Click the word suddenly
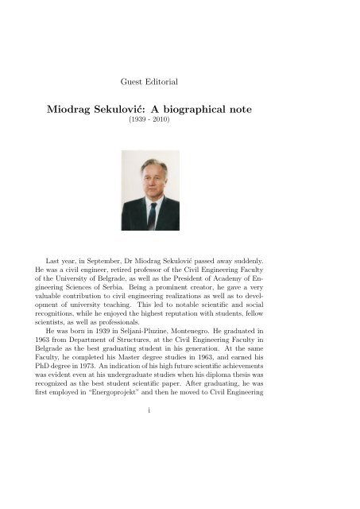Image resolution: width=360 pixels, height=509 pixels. pyautogui.click(x=275, y=262)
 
